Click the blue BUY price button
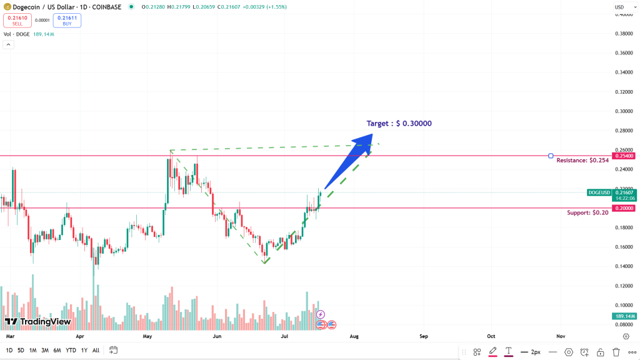pos(67,21)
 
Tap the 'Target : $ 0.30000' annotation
pos(399,123)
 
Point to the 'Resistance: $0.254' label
pos(582,161)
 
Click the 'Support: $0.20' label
pos(587,213)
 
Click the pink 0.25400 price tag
pos(622,156)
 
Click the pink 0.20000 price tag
pos(622,208)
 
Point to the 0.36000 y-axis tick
pos(622,53)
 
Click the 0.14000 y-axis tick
pos(622,266)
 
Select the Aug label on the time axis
pos(354,336)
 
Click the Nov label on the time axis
pos(561,336)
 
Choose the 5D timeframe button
pos(21,351)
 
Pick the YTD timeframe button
pos(71,351)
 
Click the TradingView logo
pos(37,322)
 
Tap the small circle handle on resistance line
pos(551,156)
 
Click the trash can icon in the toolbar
pos(616,352)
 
